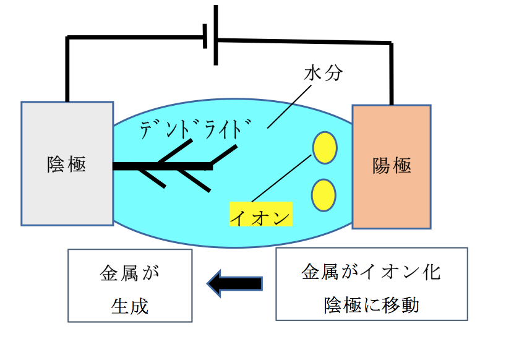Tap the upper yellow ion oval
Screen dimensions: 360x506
click(x=324, y=148)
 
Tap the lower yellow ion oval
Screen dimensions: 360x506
click(x=324, y=194)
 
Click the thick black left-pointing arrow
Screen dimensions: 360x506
click(x=235, y=284)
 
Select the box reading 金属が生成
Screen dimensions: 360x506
click(x=129, y=285)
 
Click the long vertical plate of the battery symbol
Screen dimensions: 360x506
click(x=215, y=35)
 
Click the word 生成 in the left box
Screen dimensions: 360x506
click(x=130, y=305)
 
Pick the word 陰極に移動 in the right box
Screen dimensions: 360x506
click(x=371, y=305)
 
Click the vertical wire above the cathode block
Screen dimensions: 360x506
click(x=67, y=71)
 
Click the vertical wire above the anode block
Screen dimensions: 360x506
click(x=391, y=74)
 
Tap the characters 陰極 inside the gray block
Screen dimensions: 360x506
click(x=66, y=165)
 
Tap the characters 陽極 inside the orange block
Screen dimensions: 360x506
click(x=392, y=166)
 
